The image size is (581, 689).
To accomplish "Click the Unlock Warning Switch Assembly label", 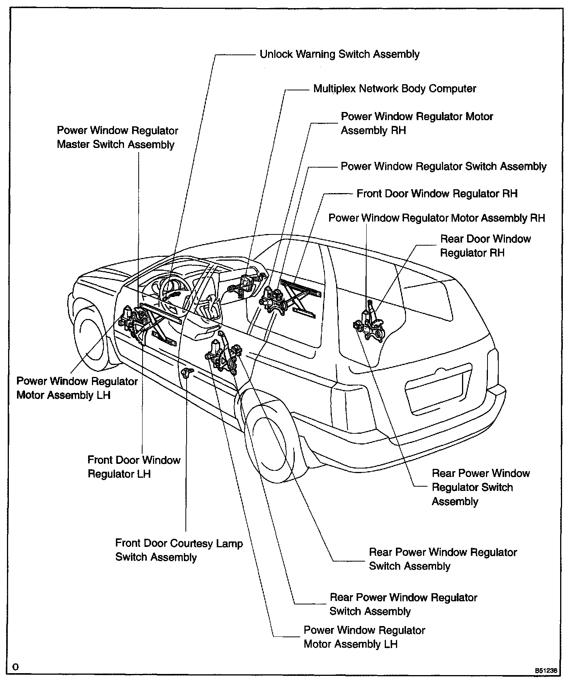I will (x=339, y=54).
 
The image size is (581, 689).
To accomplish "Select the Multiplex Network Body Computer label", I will (x=394, y=89).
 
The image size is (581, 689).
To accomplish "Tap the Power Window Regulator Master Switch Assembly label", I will (x=117, y=137).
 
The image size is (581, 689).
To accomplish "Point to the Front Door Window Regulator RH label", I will (x=437, y=193).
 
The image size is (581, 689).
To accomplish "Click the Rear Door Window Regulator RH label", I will (x=485, y=246).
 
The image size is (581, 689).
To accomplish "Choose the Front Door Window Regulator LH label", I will (x=134, y=467).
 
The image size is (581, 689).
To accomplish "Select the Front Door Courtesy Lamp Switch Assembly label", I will (x=178, y=550).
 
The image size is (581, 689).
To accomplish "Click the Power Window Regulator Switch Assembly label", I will (x=443, y=166).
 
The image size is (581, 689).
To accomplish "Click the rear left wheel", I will (x=267, y=440).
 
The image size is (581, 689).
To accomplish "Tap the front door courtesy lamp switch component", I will (x=186, y=373).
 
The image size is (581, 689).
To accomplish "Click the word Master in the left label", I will (x=75, y=145).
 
